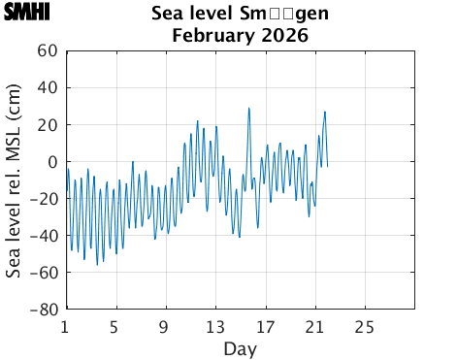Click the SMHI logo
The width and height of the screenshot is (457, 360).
(27, 15)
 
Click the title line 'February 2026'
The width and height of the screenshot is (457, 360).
(240, 36)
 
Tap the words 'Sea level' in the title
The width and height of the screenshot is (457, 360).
(188, 15)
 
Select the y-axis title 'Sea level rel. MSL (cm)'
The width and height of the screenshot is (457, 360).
(15, 180)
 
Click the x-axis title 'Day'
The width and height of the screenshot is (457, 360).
(240, 348)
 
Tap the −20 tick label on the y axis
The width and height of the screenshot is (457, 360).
(45, 199)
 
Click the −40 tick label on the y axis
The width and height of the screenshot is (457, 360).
(45, 236)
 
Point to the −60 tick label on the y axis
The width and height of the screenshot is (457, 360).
(45, 273)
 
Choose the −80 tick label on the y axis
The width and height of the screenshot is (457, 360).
(45, 311)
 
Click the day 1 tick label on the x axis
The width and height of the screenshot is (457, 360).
(65, 326)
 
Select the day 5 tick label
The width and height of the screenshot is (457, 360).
(114, 326)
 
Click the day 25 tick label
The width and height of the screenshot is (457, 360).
(365, 326)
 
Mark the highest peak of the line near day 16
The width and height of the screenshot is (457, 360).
(248, 108)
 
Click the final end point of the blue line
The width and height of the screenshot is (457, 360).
(327, 167)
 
